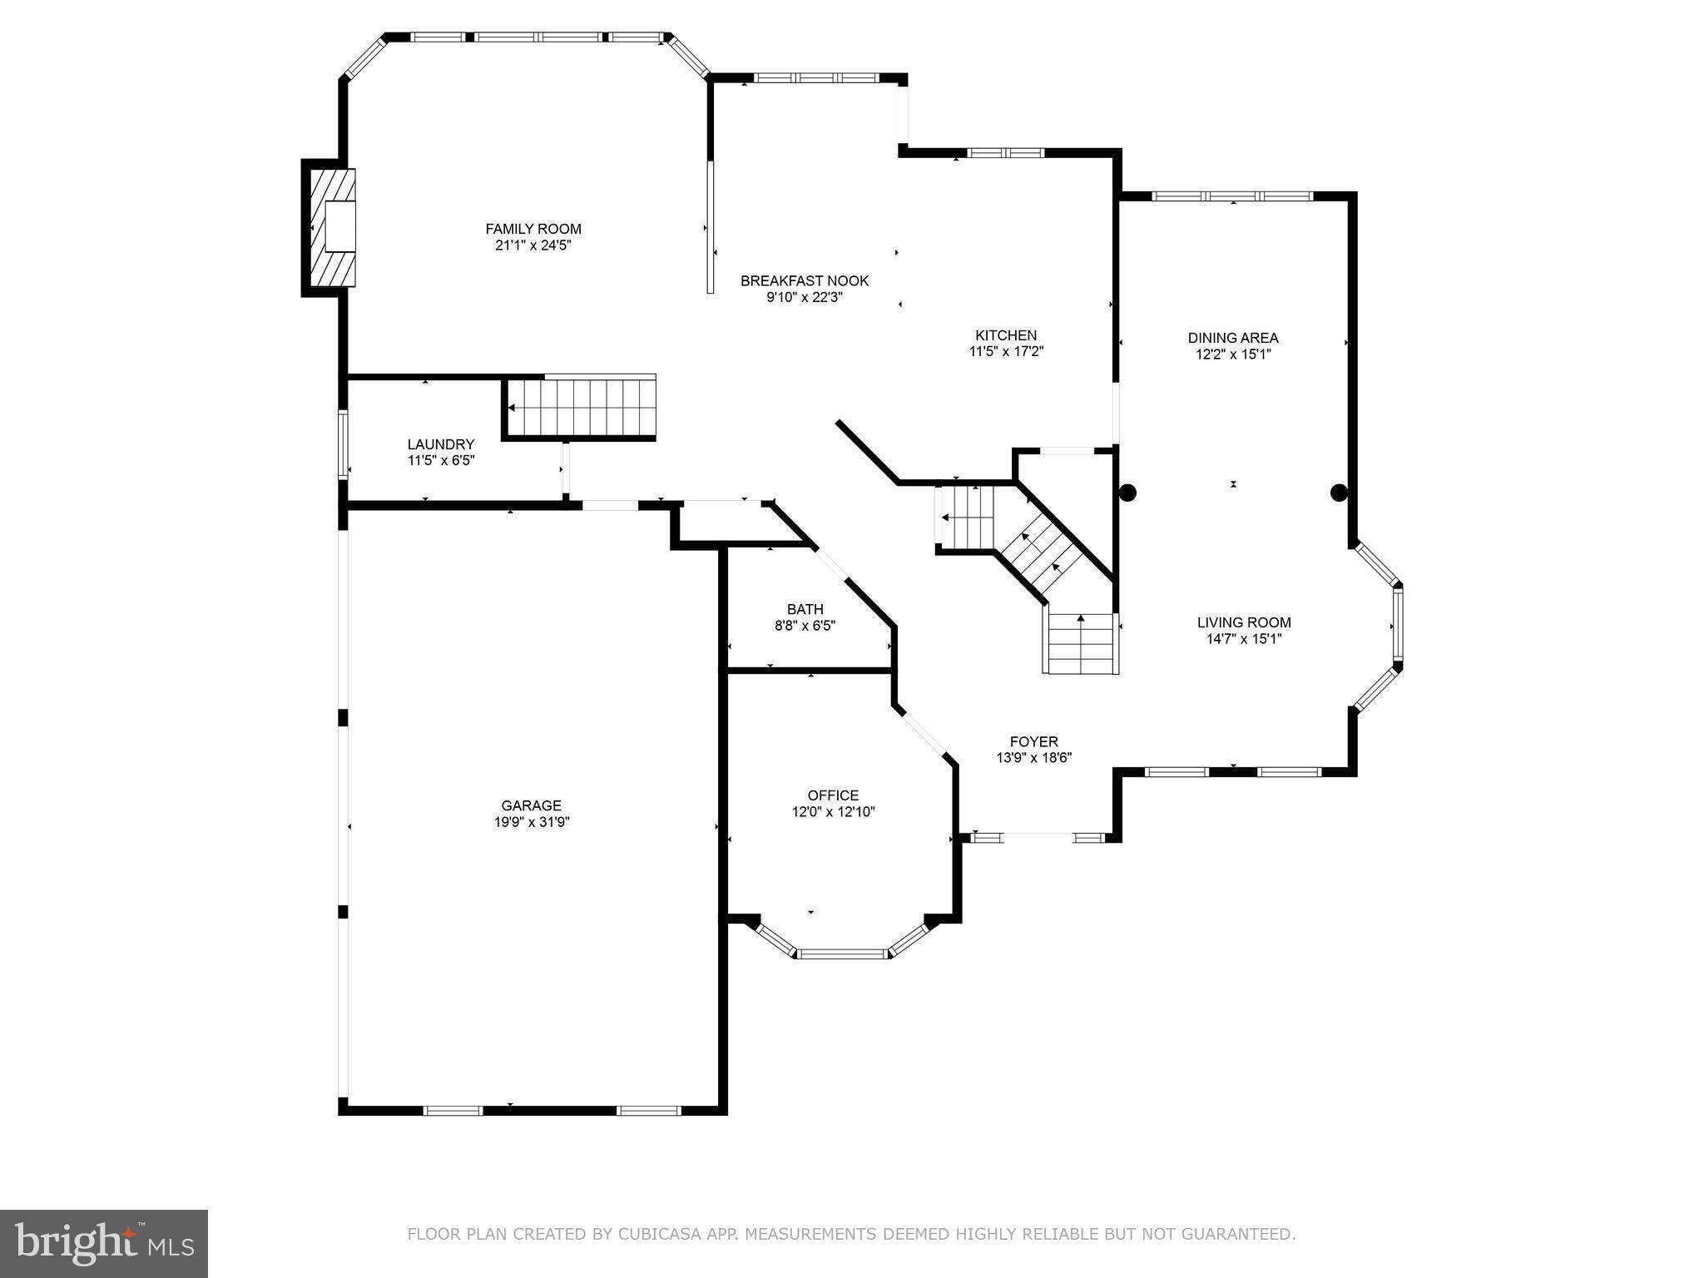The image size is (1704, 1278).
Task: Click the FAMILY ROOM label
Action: [533, 229]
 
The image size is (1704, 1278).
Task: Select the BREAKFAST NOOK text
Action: [805, 281]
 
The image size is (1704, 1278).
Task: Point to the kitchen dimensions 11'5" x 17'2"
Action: [1006, 352]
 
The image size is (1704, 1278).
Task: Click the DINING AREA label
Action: [1233, 338]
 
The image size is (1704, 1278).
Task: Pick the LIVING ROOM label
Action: [1244, 622]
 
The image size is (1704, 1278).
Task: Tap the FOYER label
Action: [1033, 741]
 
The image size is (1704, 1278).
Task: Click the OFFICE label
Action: [833, 795]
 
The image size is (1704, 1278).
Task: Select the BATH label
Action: [805, 609]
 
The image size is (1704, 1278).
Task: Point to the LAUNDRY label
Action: [441, 444]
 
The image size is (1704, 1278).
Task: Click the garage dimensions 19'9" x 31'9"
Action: [531, 822]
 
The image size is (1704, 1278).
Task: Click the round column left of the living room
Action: [1127, 493]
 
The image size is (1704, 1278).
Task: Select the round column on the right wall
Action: [1339, 493]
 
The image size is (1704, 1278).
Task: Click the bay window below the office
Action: [843, 953]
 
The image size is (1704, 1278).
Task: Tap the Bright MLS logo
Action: [104, 1242]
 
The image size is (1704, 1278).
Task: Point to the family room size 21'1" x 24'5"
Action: [533, 245]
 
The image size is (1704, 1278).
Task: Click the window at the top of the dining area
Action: [1232, 196]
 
